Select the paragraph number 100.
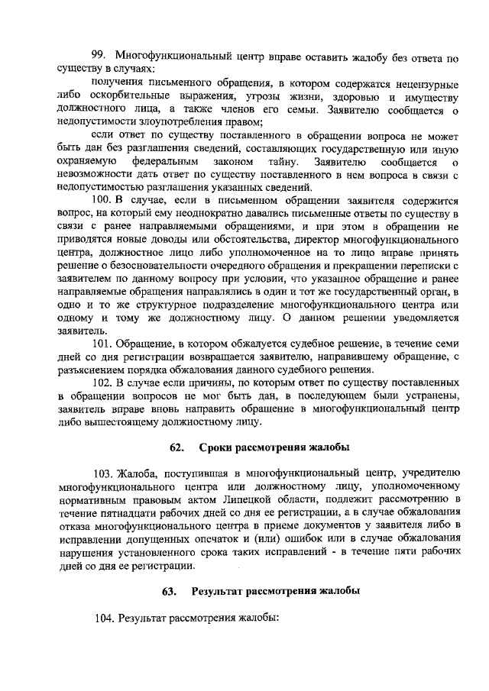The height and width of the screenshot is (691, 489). [x=102, y=199]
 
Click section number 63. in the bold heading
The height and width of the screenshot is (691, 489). [x=170, y=592]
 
